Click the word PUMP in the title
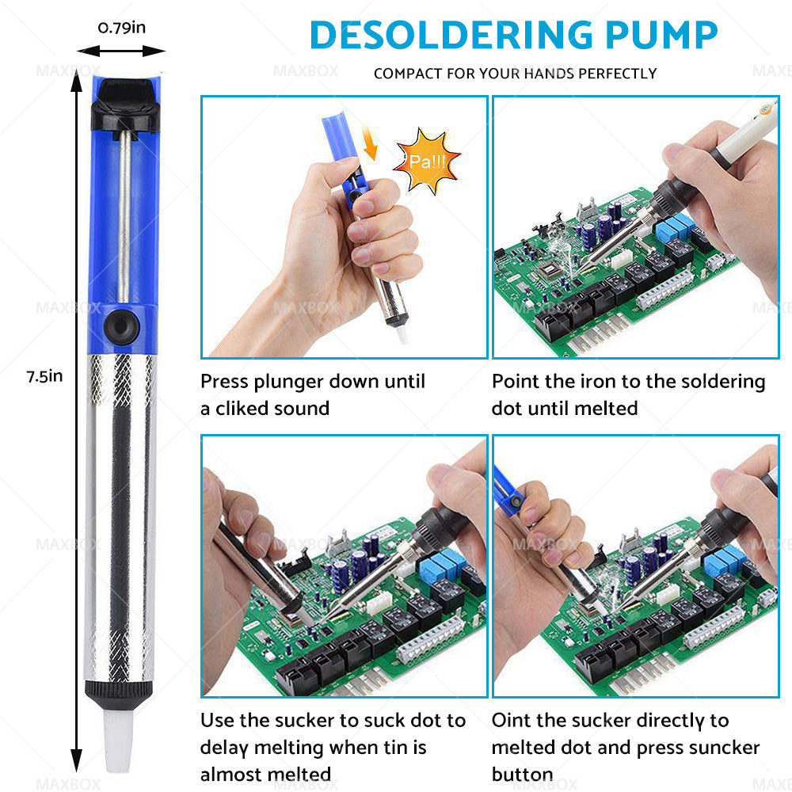pyautogui.click(x=661, y=35)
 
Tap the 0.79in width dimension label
pyautogui.click(x=122, y=28)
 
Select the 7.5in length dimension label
pyautogui.click(x=44, y=376)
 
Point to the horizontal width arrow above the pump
pyautogui.click(x=121, y=51)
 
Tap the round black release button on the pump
pyautogui.click(x=121, y=326)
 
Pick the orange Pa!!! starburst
pyautogui.click(x=427, y=161)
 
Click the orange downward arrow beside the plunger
pyautogui.click(x=370, y=143)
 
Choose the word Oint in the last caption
pyautogui.click(x=509, y=720)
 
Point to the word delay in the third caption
pyautogui.click(x=223, y=748)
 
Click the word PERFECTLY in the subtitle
pyautogui.click(x=617, y=74)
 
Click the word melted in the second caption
pyautogui.click(x=606, y=408)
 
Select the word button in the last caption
pyautogui.click(x=522, y=775)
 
